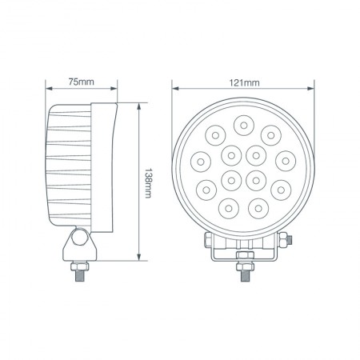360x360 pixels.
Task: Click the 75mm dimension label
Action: pyautogui.click(x=82, y=82)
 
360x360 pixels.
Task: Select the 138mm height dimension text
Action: pyautogui.click(x=149, y=182)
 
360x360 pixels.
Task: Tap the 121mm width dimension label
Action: pyautogui.click(x=245, y=82)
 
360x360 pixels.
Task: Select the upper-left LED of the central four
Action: pyautogui.click(x=231, y=154)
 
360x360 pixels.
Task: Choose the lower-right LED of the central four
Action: pyautogui.click(x=255, y=178)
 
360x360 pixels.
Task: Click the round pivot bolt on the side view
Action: pyautogui.click(x=79, y=238)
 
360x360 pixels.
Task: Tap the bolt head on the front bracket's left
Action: pyautogui.click(x=208, y=239)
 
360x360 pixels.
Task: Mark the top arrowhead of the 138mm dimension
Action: pyautogui.click(x=141, y=104)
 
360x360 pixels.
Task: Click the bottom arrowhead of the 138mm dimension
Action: pyautogui.click(x=141, y=260)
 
